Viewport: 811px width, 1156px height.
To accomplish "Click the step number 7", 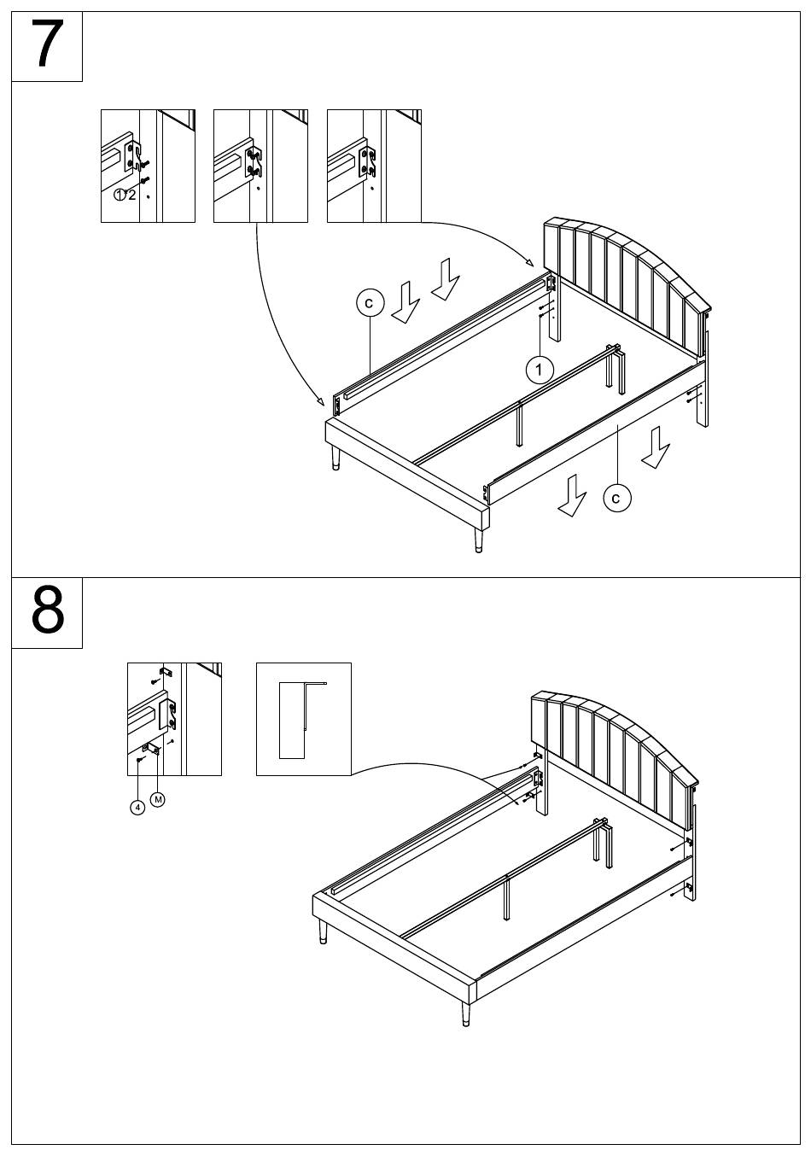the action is [x=47, y=45].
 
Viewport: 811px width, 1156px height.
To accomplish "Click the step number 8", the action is [x=47, y=611].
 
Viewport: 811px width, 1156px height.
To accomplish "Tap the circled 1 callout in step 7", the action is [x=539, y=370].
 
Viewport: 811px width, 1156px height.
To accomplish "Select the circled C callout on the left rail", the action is [x=370, y=303].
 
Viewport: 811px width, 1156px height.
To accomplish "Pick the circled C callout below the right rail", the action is [x=617, y=497].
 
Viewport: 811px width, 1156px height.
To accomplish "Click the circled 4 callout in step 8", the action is [x=137, y=807].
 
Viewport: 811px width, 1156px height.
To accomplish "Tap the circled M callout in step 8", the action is [x=158, y=799].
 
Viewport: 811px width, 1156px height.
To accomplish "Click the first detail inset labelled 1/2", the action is [x=148, y=166].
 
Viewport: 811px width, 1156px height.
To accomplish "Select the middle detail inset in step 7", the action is [x=260, y=166].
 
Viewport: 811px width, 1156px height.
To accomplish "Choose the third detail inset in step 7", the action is [x=374, y=166].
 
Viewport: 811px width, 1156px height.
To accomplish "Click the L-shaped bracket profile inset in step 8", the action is [x=303, y=719].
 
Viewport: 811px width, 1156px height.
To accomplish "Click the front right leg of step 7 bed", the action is [x=476, y=540].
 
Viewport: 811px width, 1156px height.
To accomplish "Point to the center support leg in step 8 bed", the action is [x=507, y=896].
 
